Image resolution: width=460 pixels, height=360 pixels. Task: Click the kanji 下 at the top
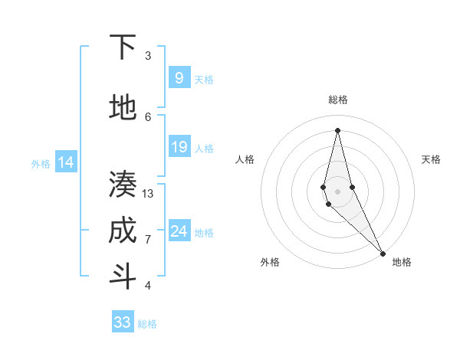click(122, 47)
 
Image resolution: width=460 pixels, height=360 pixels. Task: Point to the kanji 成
click(122, 231)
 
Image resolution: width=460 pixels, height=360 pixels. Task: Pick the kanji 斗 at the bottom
click(122, 276)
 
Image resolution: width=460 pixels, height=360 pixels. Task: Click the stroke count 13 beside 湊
click(148, 194)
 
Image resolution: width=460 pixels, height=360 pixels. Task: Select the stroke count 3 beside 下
click(148, 56)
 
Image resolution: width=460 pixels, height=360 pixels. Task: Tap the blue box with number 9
click(179, 77)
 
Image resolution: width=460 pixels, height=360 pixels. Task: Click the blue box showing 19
click(179, 147)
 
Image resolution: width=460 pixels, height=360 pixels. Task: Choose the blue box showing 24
click(179, 231)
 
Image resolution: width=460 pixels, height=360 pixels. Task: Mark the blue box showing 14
click(66, 162)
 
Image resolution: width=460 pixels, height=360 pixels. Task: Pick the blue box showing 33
click(123, 322)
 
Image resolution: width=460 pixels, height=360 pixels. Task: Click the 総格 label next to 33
click(147, 324)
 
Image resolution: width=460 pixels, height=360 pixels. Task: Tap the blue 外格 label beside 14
click(41, 163)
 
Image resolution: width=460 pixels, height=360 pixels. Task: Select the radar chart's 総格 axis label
click(337, 100)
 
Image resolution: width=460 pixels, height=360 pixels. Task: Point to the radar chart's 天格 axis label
click(431, 159)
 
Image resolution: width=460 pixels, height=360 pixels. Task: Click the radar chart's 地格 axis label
click(402, 262)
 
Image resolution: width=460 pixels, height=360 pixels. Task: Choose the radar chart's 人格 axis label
click(245, 159)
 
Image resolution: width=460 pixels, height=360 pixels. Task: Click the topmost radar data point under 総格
click(337, 129)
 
